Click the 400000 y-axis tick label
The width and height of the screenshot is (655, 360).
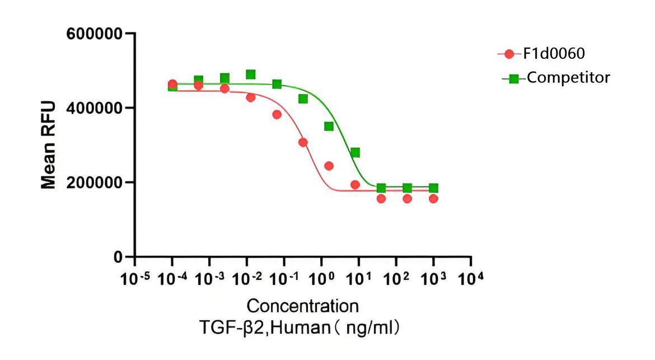pos(95,107)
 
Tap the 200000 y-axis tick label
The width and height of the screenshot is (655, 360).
pos(95,183)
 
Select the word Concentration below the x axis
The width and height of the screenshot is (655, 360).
pos(302,306)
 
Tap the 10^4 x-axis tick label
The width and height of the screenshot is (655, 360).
pos(470,278)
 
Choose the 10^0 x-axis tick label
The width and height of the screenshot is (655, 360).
pos(321,278)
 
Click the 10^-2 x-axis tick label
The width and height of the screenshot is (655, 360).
pos(246,278)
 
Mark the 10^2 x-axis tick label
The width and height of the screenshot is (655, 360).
pos(395,278)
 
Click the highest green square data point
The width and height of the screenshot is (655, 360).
pos(251,74)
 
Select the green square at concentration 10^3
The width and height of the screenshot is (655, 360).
pos(433,188)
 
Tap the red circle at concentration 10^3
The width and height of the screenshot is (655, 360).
pos(433,199)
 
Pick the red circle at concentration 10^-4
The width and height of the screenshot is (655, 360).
pos(172,84)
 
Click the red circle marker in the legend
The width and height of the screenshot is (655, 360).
pos(509,54)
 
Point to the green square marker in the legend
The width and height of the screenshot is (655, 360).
pos(514,78)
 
